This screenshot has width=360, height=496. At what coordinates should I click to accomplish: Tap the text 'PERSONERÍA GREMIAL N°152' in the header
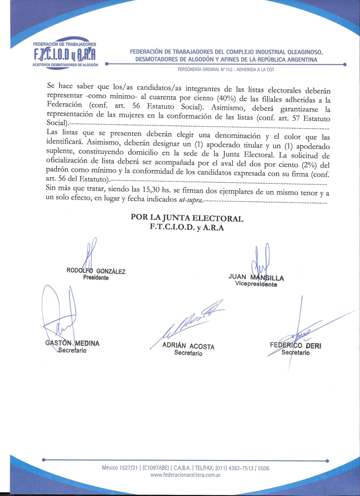coord(209,70)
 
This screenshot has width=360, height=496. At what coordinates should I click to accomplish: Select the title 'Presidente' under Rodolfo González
coord(96,278)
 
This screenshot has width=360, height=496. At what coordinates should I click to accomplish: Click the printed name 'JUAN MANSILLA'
coord(256,277)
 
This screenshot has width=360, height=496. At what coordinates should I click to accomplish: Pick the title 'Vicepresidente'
coord(256,285)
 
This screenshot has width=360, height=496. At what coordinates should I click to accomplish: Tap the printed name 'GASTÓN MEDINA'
coord(72,343)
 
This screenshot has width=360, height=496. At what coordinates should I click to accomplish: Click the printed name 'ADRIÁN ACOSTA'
coord(188,346)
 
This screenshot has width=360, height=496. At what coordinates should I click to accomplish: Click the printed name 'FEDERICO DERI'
coord(295,345)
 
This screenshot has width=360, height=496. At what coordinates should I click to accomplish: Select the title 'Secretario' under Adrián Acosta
coord(188,353)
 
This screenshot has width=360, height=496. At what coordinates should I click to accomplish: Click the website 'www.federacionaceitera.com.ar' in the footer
coord(185,475)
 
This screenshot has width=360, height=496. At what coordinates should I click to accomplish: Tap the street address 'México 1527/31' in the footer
coord(121,468)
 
